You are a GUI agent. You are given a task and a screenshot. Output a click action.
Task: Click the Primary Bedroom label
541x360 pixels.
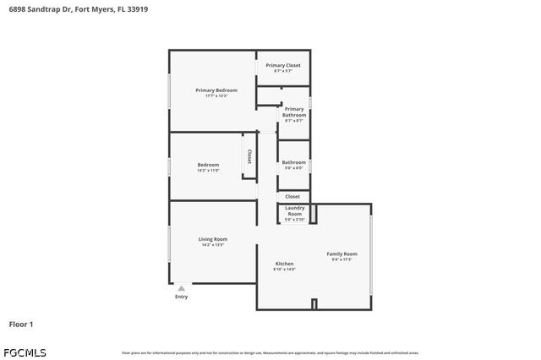[x=216, y=90]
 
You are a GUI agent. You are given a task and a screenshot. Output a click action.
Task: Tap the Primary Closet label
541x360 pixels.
[x=282, y=65]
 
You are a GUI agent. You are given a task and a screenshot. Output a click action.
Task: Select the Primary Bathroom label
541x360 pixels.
[x=294, y=112]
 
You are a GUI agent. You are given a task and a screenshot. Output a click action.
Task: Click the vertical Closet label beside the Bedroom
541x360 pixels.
[x=249, y=156]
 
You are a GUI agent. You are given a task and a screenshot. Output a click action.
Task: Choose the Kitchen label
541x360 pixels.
[x=284, y=264]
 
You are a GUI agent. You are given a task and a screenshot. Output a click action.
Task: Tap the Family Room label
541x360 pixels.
[x=342, y=254]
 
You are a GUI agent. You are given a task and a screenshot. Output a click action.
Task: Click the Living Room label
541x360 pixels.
[x=212, y=239]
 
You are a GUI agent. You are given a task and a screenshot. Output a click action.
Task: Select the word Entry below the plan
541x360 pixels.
[x=181, y=297]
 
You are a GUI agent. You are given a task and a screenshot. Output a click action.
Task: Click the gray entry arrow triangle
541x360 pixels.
[x=181, y=288]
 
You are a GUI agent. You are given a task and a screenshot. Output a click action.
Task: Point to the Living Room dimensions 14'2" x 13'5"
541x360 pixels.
[x=212, y=245]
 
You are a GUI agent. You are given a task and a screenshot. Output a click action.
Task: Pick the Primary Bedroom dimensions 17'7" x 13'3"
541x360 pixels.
[x=216, y=95]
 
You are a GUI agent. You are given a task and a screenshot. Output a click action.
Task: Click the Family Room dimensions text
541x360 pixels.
[x=342, y=259]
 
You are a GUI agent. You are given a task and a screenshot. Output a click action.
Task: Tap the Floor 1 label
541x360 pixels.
[x=21, y=324]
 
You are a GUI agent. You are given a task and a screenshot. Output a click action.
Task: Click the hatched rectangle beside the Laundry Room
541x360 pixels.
[x=314, y=213]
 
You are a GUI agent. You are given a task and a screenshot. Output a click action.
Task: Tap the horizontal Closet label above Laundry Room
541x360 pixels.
[x=292, y=196]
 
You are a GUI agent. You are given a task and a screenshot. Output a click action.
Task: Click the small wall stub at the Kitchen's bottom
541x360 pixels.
[x=314, y=304]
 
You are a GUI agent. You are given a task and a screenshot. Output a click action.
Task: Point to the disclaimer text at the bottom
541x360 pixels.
[x=270, y=352]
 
